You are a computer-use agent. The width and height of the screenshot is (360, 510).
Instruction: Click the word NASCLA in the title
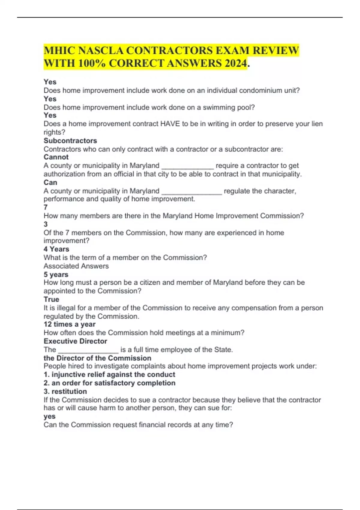pyautogui.click(x=100, y=50)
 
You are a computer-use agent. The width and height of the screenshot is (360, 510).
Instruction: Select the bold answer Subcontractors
pyautogui.click(x=70, y=141)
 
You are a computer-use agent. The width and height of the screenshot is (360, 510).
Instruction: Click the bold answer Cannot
pyautogui.click(x=56, y=157)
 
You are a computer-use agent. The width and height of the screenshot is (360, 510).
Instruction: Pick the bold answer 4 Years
pyautogui.click(x=56, y=249)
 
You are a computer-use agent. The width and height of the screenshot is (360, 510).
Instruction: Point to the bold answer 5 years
pyautogui.click(x=56, y=274)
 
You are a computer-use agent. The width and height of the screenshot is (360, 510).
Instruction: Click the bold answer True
pyautogui.click(x=51, y=299)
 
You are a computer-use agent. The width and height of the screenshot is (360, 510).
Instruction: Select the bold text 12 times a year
pyautogui.click(x=70, y=324)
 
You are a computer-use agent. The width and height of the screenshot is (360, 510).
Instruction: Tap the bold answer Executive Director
pyautogui.click(x=75, y=341)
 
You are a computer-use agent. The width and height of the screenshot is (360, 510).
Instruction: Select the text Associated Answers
pyautogui.click(x=76, y=266)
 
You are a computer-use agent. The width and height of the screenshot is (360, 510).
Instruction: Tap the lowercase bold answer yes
pyautogui.click(x=49, y=416)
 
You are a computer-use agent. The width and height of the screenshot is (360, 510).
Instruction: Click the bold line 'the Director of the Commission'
pyautogui.click(x=97, y=358)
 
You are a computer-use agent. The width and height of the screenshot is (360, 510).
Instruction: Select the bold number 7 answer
pyautogui.click(x=46, y=207)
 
